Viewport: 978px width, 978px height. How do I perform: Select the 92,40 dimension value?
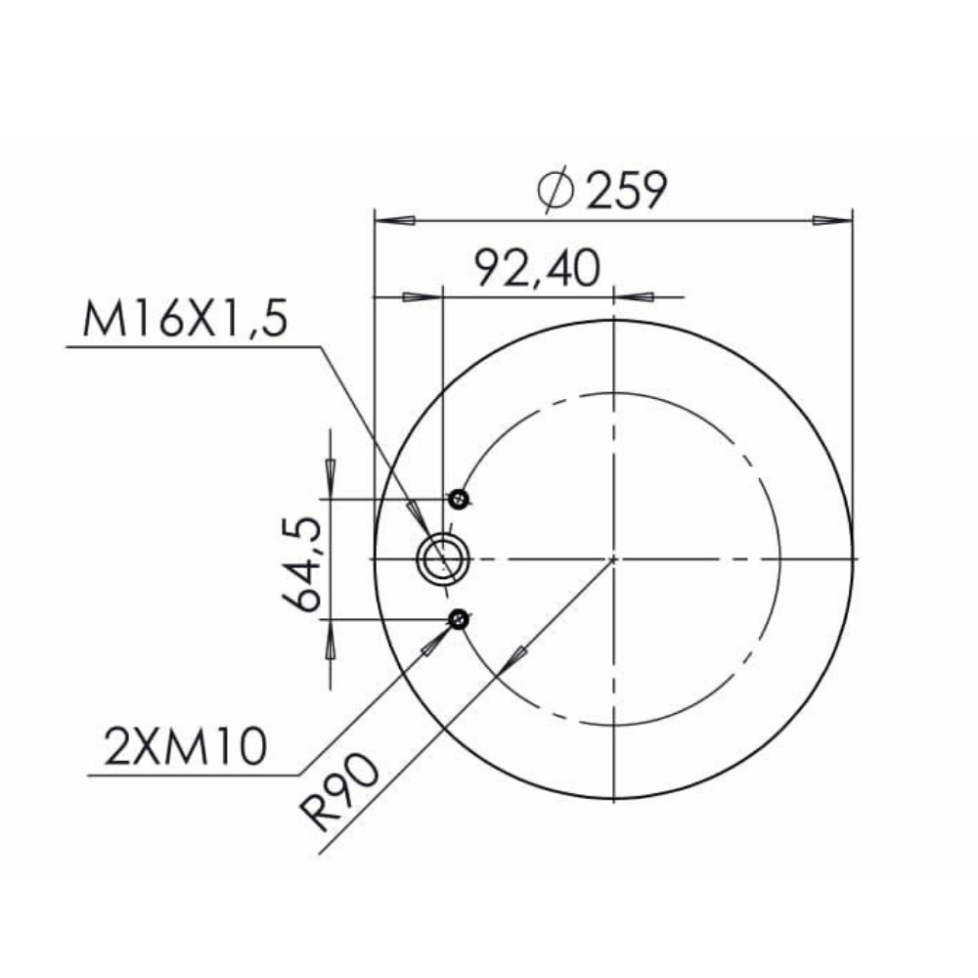pyautogui.click(x=538, y=268)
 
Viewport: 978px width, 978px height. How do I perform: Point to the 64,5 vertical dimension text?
pyautogui.click(x=302, y=564)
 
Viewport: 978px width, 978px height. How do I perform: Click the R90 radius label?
pyautogui.click(x=338, y=791)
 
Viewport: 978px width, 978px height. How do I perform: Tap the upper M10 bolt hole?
pyautogui.click(x=459, y=499)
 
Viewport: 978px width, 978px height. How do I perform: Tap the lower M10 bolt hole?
pyautogui.click(x=459, y=619)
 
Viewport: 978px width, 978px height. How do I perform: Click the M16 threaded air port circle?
pyautogui.click(x=443, y=558)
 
